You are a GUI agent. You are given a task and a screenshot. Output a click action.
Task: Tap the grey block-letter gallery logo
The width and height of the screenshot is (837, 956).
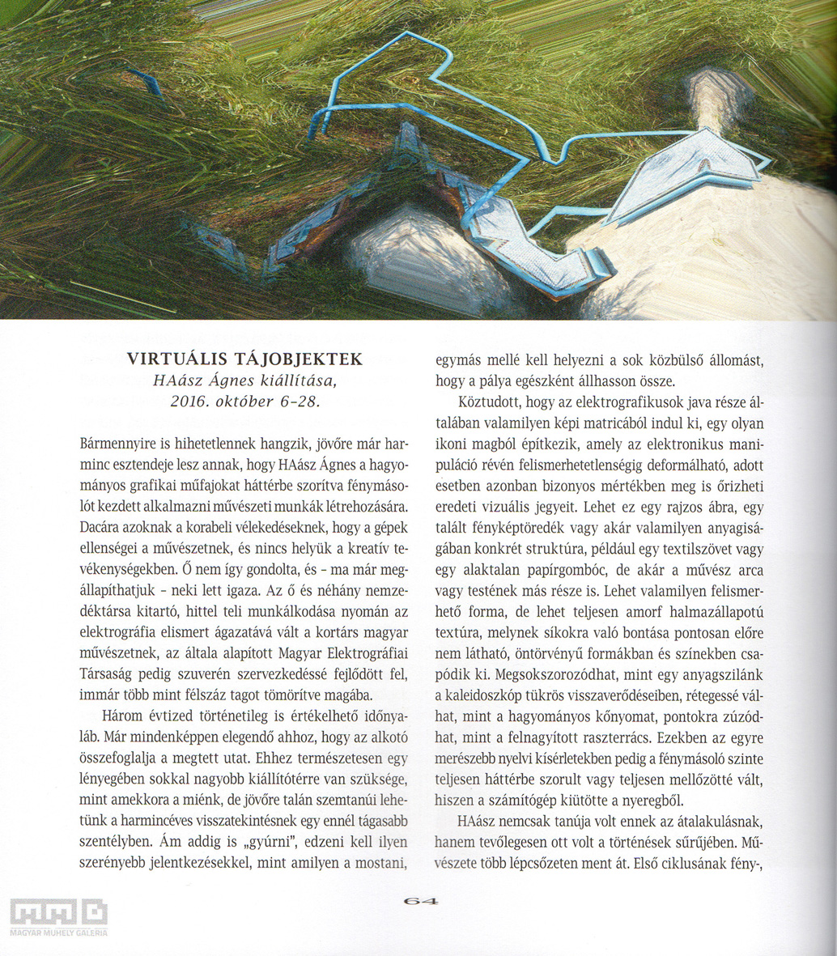(58, 912)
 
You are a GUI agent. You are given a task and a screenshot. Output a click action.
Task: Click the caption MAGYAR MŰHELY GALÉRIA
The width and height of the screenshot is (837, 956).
(58, 933)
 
